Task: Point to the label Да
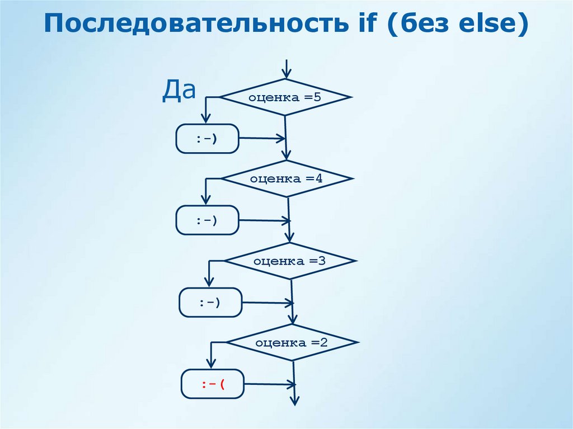click(x=179, y=91)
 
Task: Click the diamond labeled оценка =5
click(x=286, y=97)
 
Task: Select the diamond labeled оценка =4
click(x=287, y=179)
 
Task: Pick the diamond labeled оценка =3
click(x=290, y=261)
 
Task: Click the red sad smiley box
click(x=212, y=384)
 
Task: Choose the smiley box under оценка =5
click(x=208, y=139)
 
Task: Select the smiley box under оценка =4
click(x=208, y=220)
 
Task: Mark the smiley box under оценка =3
click(x=210, y=303)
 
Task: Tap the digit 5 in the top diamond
click(x=317, y=97)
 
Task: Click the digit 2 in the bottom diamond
click(x=323, y=342)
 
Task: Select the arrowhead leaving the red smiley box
click(x=291, y=384)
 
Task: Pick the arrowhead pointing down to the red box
click(x=212, y=365)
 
